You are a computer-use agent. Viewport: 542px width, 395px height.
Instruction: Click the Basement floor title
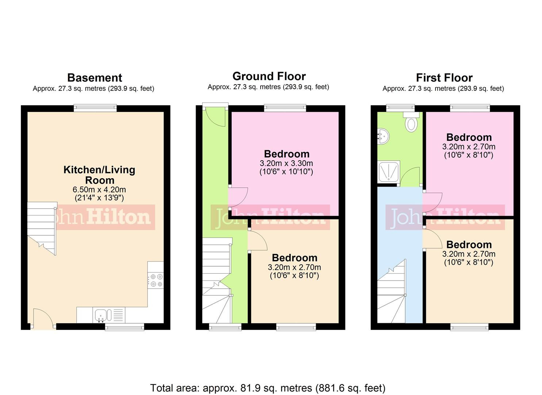95,78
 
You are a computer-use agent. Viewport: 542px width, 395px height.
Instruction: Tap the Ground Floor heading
269,76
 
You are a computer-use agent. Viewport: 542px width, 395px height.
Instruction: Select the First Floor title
444,78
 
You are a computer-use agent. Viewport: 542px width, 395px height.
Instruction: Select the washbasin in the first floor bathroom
383,136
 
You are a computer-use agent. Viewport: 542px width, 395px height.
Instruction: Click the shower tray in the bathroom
389,172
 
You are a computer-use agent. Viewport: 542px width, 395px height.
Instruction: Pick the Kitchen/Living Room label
99,175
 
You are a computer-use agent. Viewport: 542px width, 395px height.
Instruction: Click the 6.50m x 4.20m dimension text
99,189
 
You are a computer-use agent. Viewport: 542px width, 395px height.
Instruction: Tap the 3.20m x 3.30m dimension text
286,163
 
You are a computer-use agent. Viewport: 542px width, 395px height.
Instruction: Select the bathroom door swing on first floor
411,177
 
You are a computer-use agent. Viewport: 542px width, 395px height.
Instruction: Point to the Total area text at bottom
268,388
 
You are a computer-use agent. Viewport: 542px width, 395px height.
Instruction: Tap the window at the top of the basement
95,108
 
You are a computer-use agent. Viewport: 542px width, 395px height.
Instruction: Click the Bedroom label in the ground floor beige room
294,258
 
